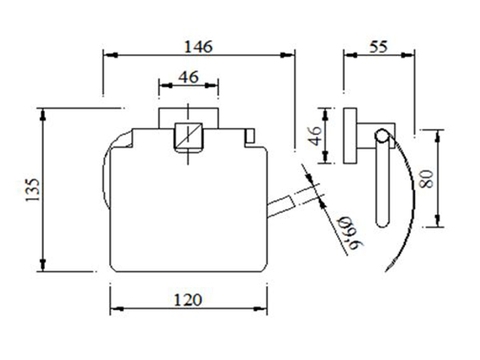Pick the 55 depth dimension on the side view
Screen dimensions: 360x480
(377, 45)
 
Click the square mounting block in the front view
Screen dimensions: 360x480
(187, 133)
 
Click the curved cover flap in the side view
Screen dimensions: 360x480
(405, 200)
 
